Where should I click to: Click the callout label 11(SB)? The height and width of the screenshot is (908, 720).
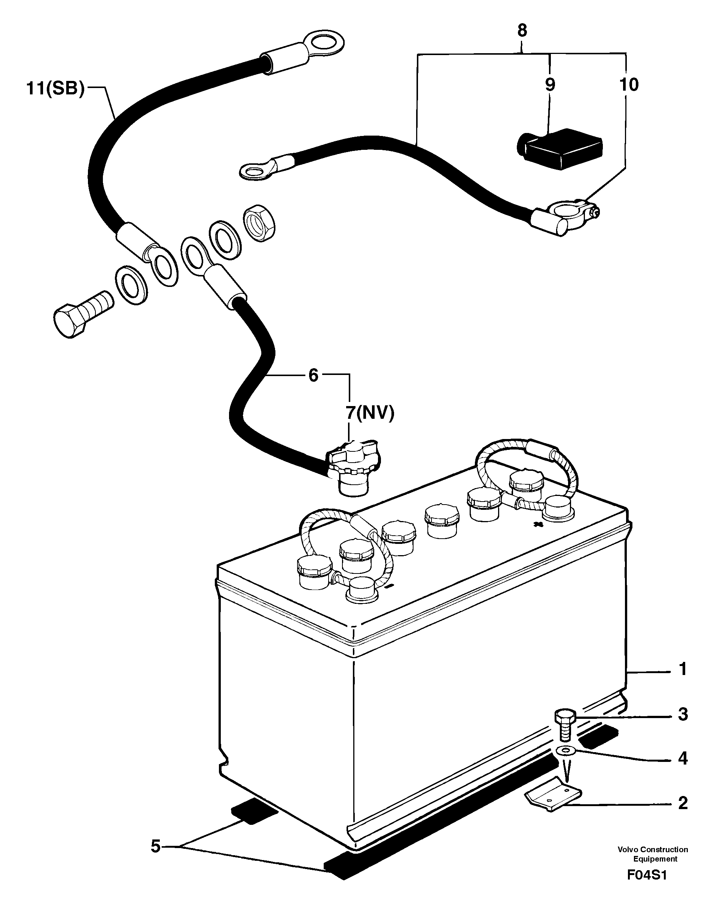[x=55, y=89]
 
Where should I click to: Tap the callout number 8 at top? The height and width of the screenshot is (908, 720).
[x=522, y=31]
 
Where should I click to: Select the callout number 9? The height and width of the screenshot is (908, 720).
[x=550, y=85]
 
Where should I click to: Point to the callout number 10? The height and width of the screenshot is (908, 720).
[x=628, y=85]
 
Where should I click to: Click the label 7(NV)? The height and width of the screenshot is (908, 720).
[x=370, y=413]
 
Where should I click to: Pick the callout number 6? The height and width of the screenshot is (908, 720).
[x=313, y=375]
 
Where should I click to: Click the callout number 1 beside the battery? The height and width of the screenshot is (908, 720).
[x=683, y=681]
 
